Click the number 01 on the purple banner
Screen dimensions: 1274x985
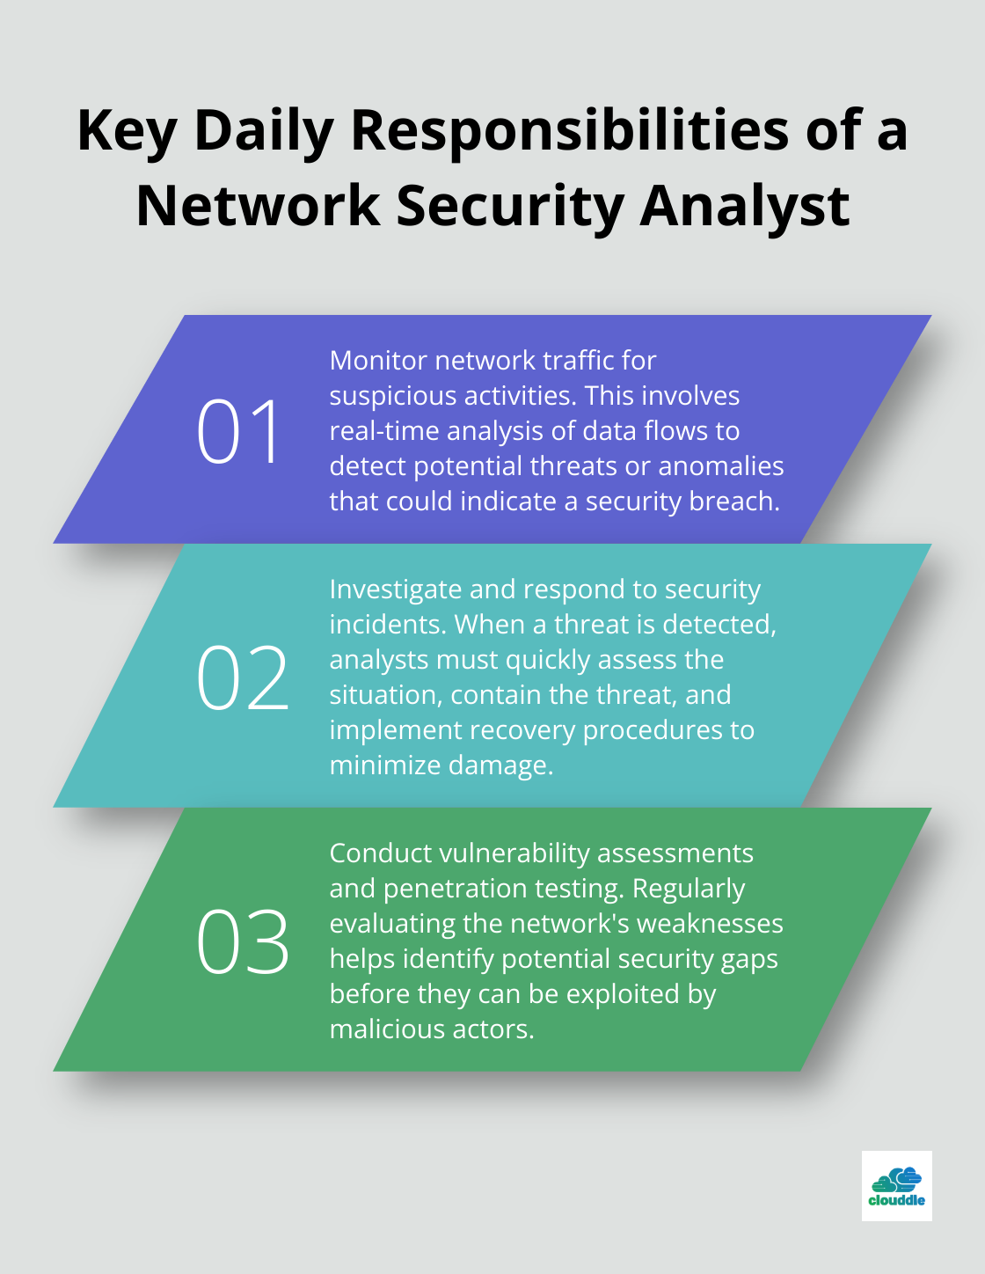(238, 431)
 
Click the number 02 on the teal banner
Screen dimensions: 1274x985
(242, 677)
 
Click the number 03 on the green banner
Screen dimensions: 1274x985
(242, 942)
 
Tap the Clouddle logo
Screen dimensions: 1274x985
(896, 1186)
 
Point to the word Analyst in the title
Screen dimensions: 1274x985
(744, 207)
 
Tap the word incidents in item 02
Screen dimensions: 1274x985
(387, 625)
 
